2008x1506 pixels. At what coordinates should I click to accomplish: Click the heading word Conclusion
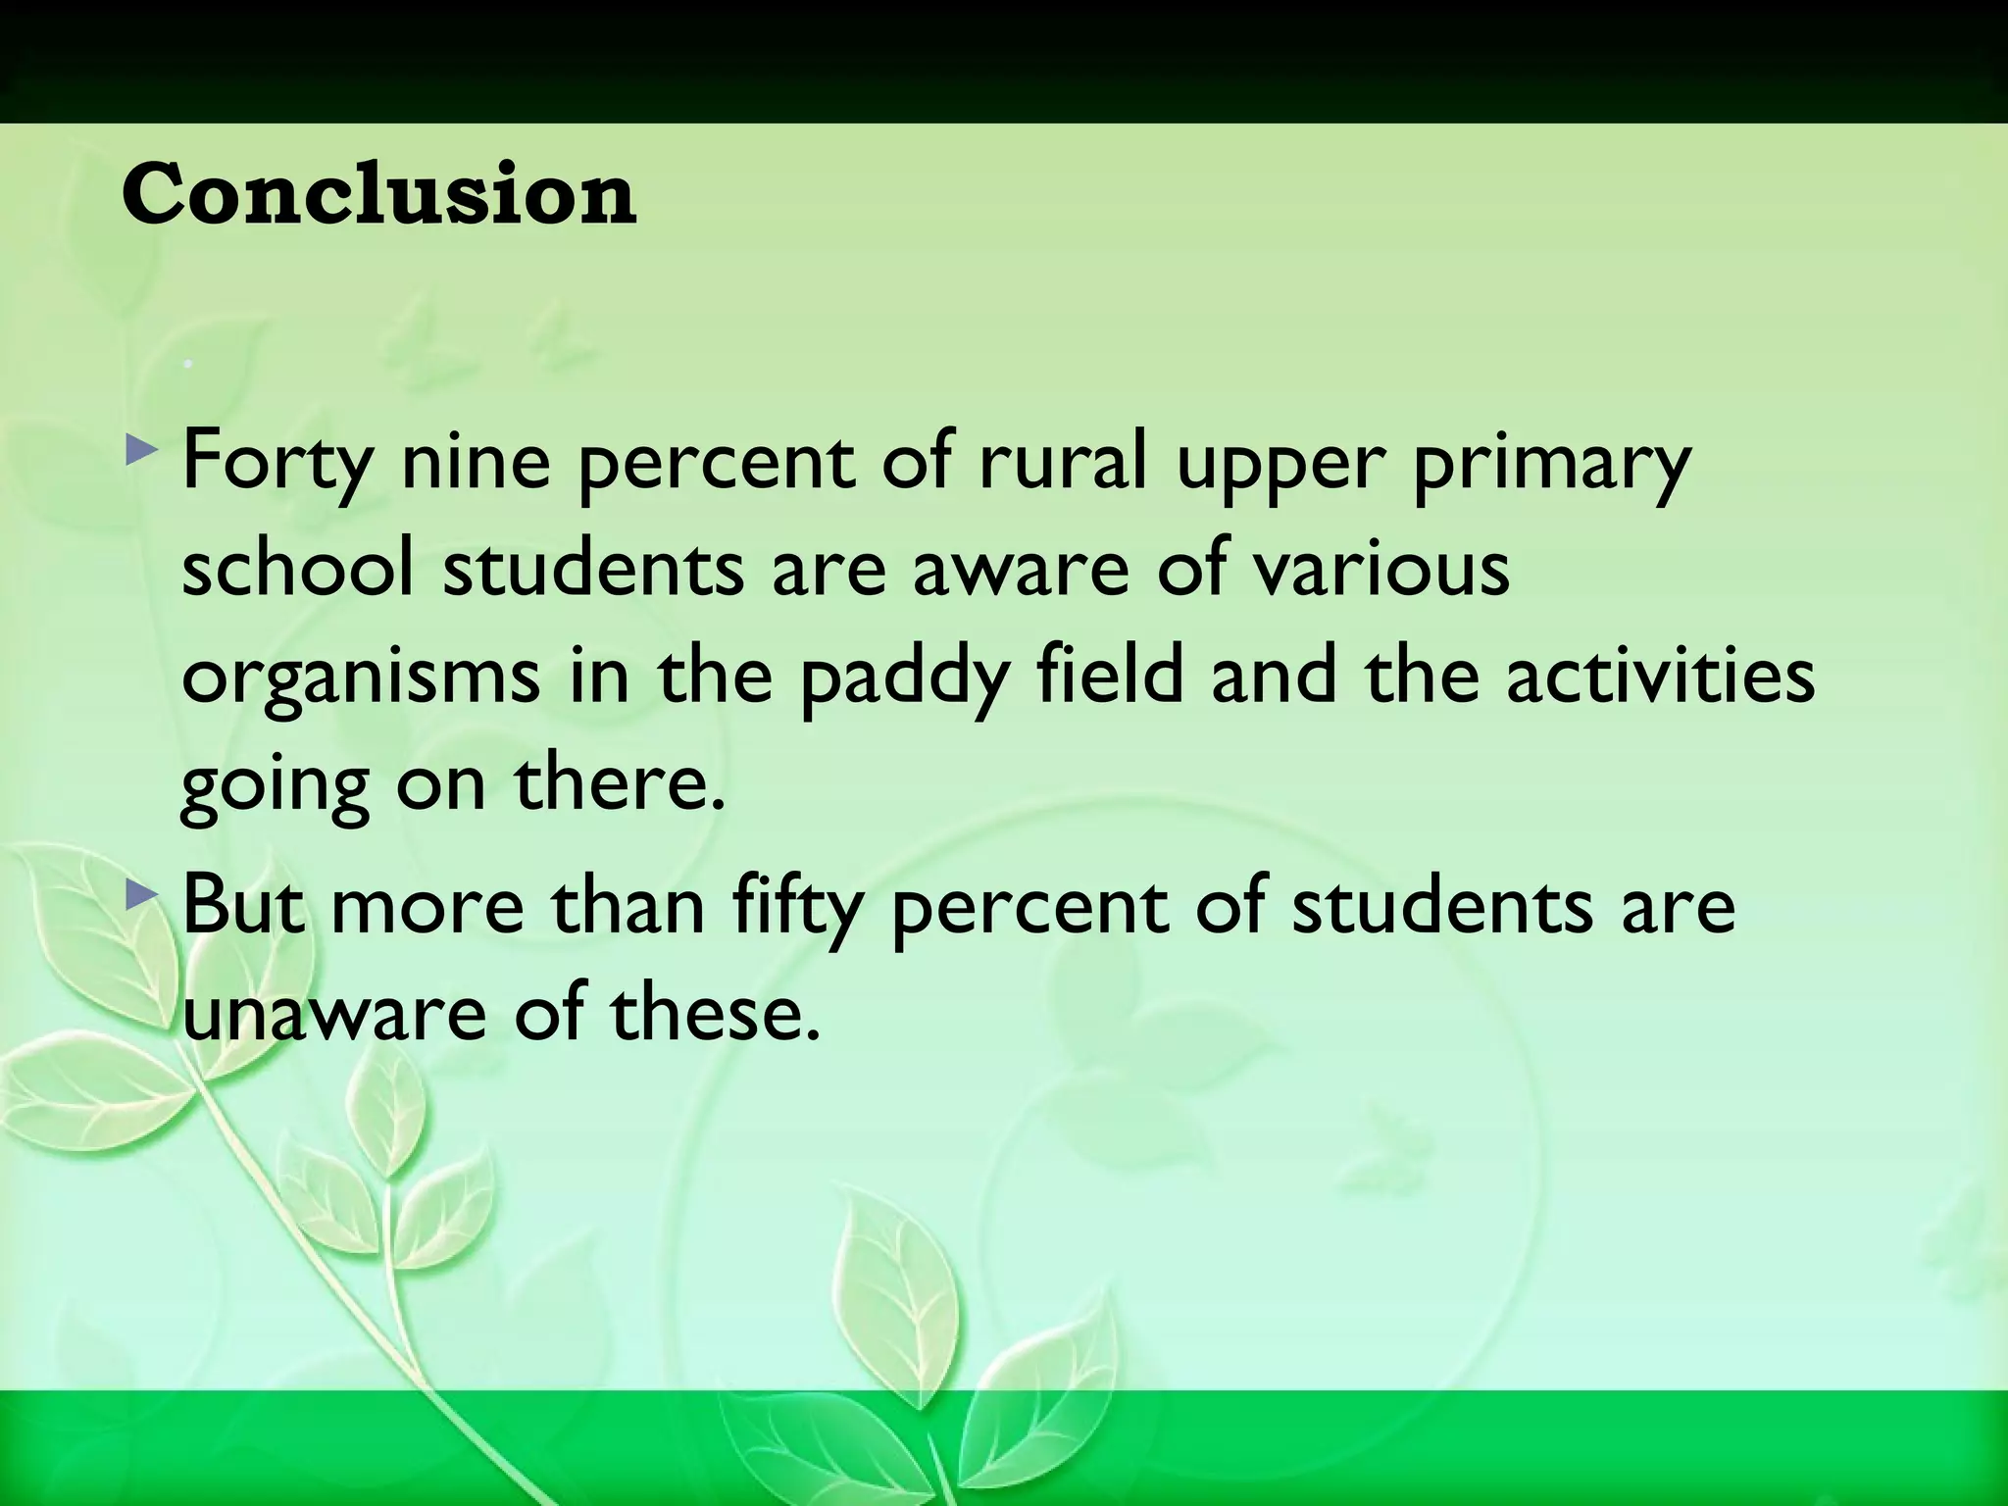point(378,194)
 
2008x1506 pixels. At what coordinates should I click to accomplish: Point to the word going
point(276,786)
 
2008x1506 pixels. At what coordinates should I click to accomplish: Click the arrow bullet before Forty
point(142,452)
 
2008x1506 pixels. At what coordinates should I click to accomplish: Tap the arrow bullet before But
point(142,893)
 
